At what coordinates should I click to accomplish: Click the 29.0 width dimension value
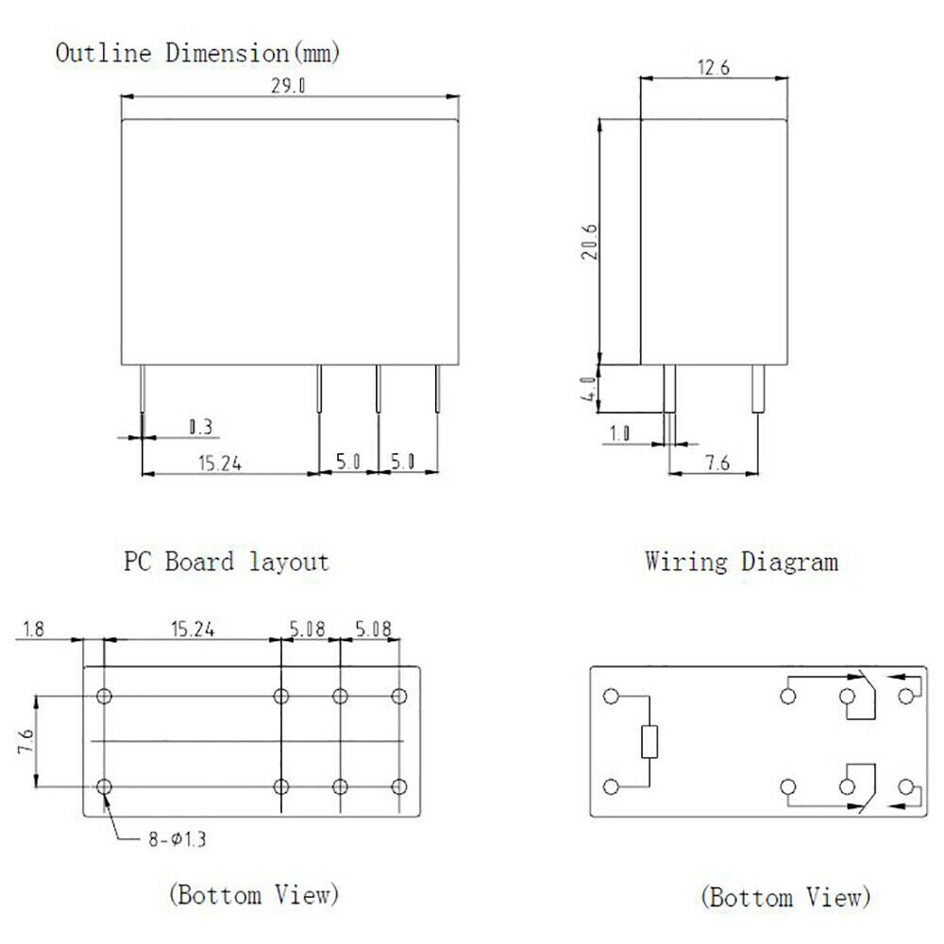288,86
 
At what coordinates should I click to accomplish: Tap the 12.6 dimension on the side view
714,67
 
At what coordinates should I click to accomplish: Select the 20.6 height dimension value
590,242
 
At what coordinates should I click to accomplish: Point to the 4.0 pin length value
588,388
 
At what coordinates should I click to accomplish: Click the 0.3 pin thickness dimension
200,427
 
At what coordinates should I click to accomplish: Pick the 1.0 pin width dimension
619,433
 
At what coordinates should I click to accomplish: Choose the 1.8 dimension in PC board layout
33,629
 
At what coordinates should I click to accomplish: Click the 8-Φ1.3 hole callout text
177,838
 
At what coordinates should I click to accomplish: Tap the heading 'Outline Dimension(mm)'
197,53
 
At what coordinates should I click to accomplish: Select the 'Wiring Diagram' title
741,562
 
